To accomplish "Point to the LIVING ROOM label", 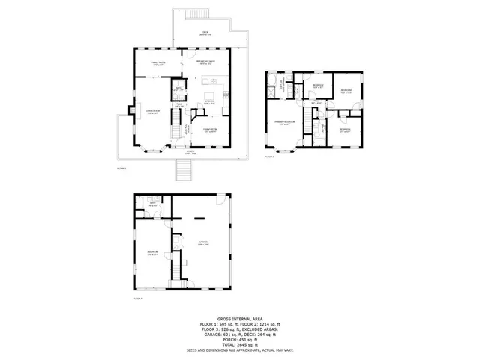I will tap(153, 112).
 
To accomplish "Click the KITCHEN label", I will tap(211, 103).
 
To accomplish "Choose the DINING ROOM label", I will tap(211, 130).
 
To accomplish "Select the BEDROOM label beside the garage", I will tap(153, 253).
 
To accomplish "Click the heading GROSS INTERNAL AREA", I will tap(239, 318).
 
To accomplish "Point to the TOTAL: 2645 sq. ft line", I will tap(239, 344).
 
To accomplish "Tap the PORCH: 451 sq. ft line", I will tap(239, 339).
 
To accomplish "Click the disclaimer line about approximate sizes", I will tap(239, 349).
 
